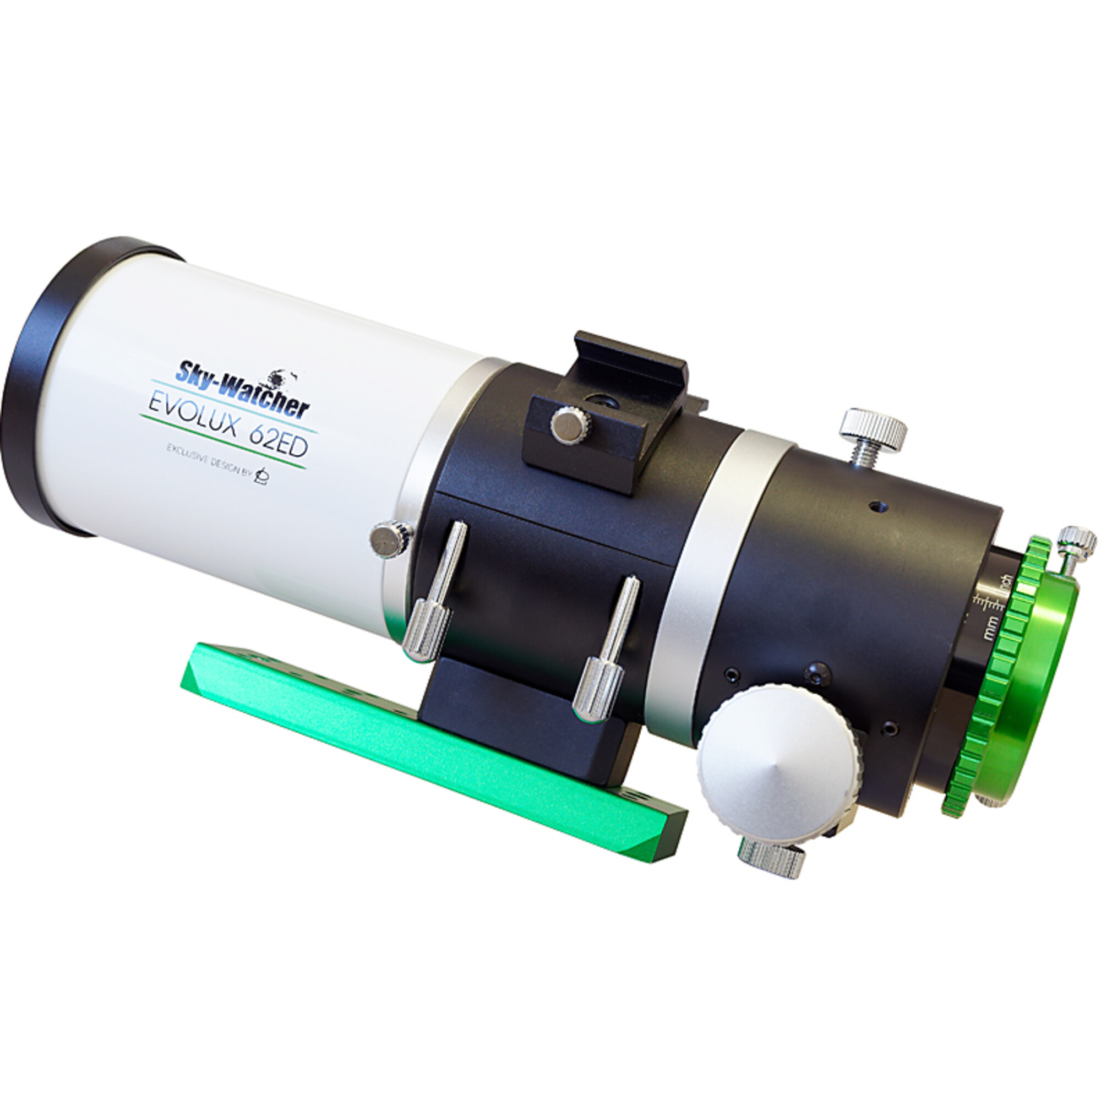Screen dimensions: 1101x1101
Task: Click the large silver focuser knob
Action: [776, 757]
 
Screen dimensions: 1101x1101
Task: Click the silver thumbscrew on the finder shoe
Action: [570, 422]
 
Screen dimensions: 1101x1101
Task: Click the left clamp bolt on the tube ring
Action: [433, 598]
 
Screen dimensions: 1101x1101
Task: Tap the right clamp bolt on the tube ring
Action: [607, 655]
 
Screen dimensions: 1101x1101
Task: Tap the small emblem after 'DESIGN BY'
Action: [263, 474]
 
